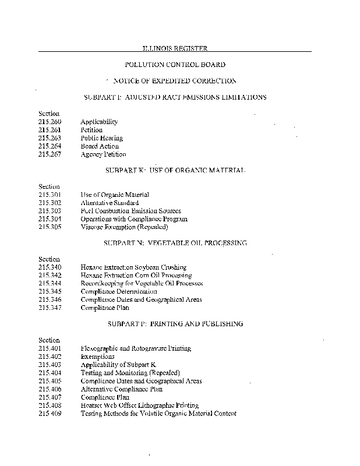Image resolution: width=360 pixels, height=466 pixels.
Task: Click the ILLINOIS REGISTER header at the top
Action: [175, 48]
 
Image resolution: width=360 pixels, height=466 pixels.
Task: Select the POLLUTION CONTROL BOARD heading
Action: [175, 65]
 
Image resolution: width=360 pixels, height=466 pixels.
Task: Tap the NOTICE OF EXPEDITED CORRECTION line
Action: [175, 80]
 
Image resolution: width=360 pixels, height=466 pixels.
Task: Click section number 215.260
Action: [50, 122]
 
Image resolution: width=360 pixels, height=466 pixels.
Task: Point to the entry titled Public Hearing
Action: [101, 138]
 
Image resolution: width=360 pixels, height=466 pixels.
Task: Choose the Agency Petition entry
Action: [103, 154]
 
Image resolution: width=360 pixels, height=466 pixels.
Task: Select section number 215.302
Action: [50, 203]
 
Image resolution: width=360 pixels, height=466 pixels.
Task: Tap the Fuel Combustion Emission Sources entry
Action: [130, 211]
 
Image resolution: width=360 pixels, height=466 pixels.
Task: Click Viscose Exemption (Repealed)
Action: [120, 227]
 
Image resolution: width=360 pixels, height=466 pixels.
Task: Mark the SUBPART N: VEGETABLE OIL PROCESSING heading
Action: [175, 242]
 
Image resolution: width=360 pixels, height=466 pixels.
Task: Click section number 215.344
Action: [50, 283]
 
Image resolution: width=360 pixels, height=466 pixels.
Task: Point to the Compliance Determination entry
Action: [119, 291]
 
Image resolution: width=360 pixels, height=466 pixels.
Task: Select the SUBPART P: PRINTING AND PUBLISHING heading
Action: [175, 323]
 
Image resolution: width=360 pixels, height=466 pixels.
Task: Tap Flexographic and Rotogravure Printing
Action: [136, 348]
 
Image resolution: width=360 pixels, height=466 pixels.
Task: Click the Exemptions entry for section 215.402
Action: [97, 356]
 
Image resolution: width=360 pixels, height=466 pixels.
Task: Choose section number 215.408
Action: [50, 405]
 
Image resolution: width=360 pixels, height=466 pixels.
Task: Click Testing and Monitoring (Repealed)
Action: [130, 373]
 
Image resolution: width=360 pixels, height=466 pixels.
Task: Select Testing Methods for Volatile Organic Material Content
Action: [158, 414]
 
